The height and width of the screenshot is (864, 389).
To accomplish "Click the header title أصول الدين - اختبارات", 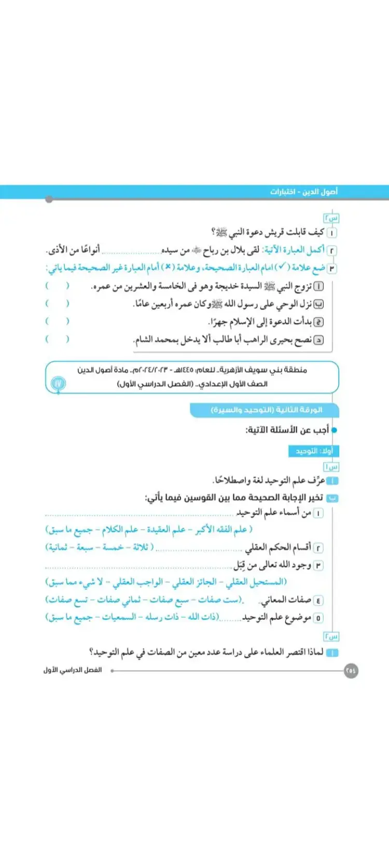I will (303, 192).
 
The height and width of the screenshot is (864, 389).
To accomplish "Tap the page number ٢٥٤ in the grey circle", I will (351, 670).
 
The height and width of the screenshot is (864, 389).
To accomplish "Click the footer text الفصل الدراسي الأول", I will (73, 670).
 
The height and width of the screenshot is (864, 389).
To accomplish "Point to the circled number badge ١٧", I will (59, 384).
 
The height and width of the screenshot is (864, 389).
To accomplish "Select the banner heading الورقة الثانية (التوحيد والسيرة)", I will (267, 410).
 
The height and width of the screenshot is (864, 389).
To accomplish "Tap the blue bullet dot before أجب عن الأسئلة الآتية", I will (334, 430).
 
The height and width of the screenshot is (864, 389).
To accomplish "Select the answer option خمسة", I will (113, 547).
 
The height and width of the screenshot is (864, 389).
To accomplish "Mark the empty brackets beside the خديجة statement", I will (57, 286).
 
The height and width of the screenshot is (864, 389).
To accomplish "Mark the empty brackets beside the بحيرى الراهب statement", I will (57, 339).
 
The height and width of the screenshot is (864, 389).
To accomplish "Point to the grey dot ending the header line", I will (49, 199).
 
